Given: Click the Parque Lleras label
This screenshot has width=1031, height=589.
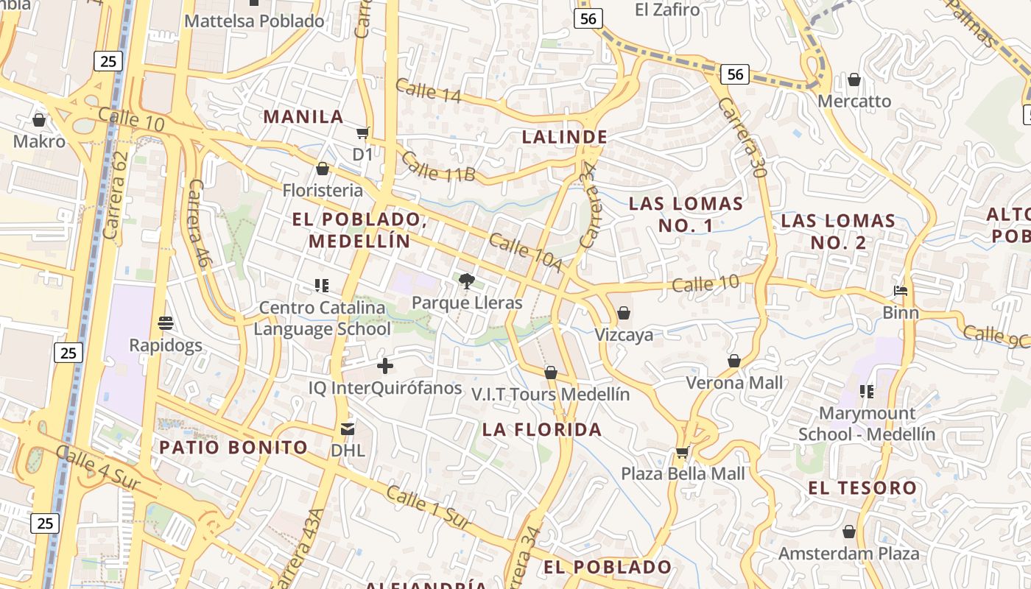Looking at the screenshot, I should tap(467, 303).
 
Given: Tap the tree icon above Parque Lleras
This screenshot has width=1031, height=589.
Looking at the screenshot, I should tap(466, 281).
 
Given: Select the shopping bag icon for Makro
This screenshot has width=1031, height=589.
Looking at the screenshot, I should tap(39, 119).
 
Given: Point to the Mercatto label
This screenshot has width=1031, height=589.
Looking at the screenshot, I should tap(854, 101).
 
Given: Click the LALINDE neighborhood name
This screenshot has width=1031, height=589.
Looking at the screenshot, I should tap(565, 137).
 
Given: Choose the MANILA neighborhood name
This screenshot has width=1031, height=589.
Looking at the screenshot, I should tap(303, 116).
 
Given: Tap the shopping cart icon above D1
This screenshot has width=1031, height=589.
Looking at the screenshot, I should tap(362, 133).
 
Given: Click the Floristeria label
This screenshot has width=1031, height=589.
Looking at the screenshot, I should tap(323, 191).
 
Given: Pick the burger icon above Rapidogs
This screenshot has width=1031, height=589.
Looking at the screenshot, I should tap(166, 323).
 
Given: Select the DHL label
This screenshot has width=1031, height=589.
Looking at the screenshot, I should tap(348, 450).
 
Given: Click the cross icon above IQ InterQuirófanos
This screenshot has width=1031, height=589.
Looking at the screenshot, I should tap(384, 366).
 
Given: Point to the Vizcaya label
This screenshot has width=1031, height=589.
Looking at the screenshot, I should tap(624, 335).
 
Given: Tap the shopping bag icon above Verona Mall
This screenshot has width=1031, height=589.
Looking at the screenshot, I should tap(734, 361).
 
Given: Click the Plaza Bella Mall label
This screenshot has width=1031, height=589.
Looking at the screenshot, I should tap(683, 473).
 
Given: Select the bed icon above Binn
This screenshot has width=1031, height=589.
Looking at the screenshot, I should tap(901, 291).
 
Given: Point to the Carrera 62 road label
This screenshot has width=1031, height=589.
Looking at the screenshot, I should tap(116, 195).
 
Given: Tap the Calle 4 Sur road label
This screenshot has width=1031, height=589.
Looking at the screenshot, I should tap(97, 466).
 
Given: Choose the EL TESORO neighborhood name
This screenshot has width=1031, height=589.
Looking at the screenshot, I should tap(862, 487).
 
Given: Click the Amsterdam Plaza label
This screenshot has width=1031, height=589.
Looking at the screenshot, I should tap(849, 553).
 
